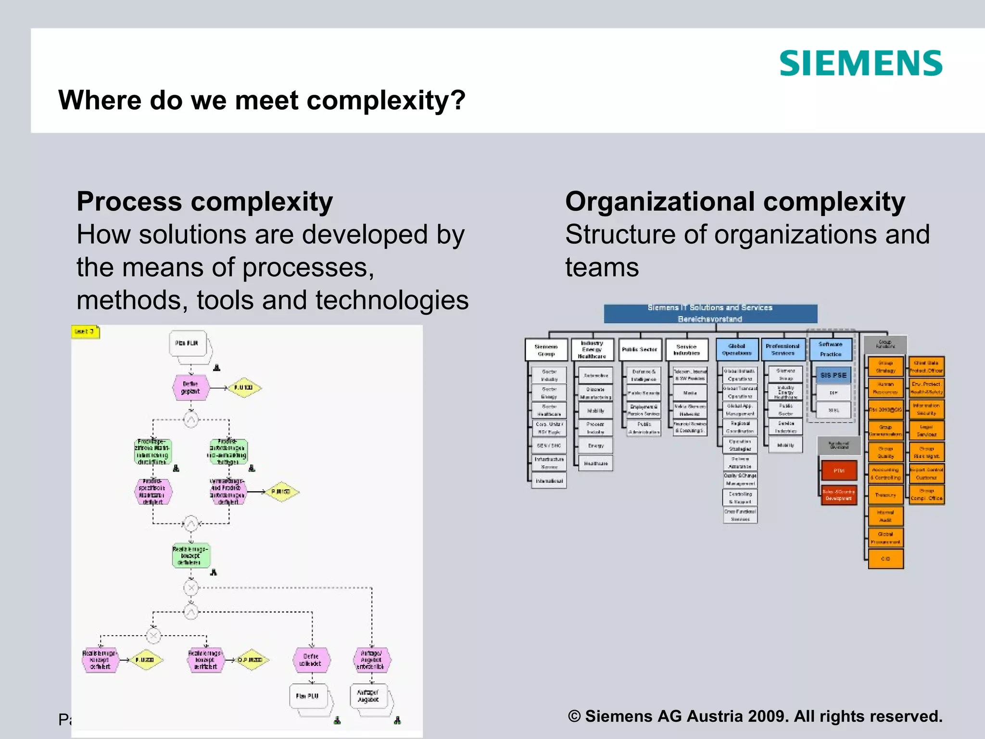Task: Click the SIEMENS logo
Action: coord(860,63)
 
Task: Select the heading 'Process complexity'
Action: coord(204,202)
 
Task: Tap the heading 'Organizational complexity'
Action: coord(735,202)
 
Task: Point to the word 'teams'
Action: coord(602,268)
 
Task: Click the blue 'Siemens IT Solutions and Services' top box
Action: coord(710,313)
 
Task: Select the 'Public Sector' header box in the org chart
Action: coord(639,350)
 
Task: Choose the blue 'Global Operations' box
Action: coord(737,350)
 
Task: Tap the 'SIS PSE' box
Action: coord(833,375)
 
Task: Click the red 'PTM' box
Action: coord(839,471)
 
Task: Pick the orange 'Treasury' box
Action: coord(885,495)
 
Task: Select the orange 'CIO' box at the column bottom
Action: coord(885,559)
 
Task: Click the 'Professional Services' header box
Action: coord(783,350)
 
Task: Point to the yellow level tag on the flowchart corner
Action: coord(85,332)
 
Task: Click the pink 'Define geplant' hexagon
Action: coord(190,388)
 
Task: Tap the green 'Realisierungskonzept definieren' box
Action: coord(191,556)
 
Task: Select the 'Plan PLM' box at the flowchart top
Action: coord(188,344)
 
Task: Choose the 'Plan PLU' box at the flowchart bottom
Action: coord(308,696)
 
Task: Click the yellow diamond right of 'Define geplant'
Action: coord(244,388)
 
